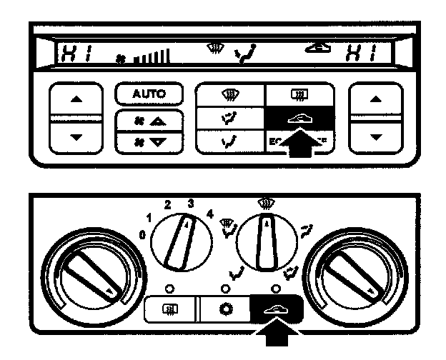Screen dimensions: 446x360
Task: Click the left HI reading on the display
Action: [72, 52]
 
